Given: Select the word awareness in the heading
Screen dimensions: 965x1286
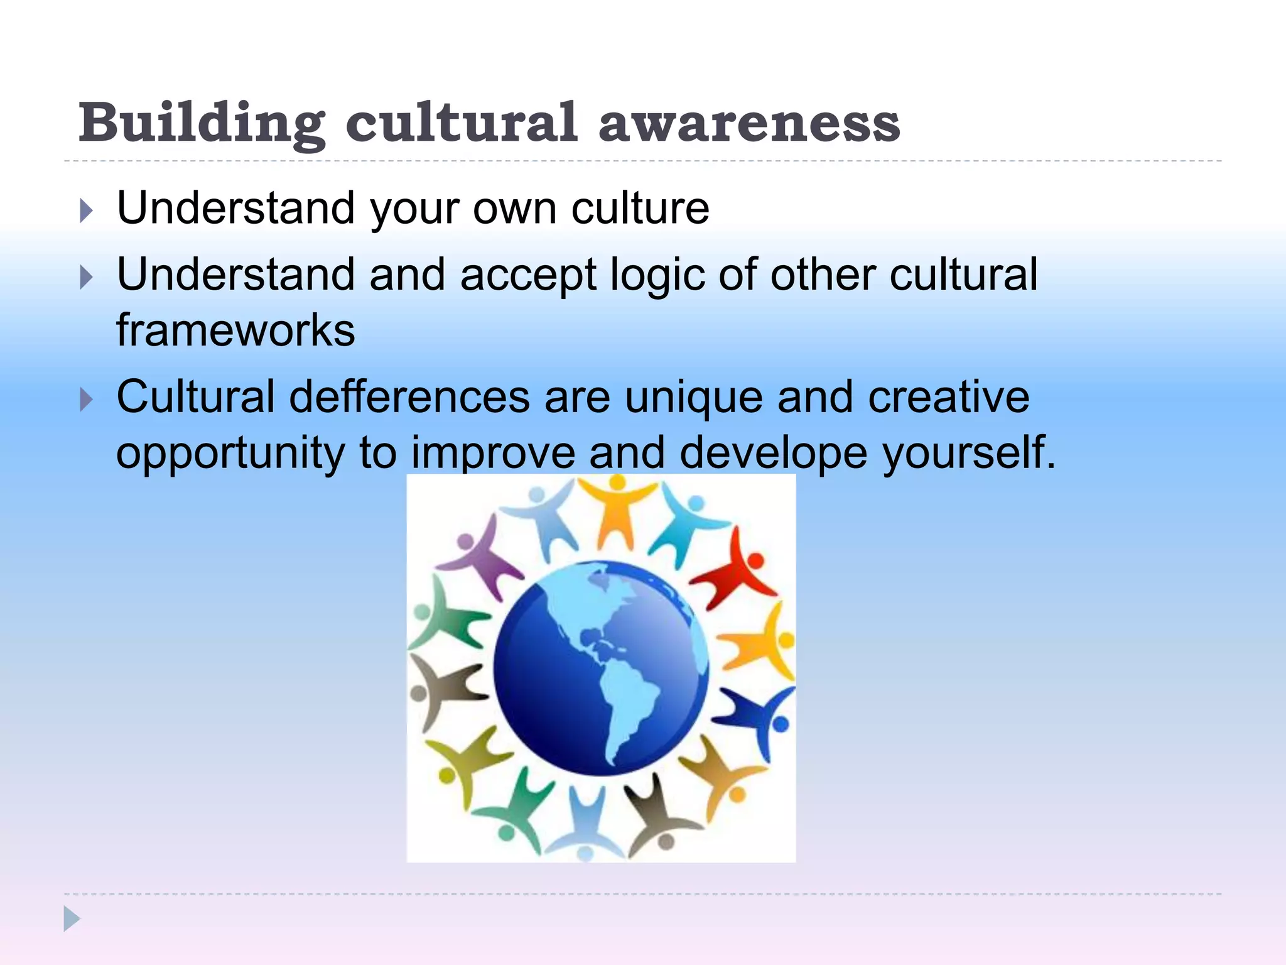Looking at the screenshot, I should click(749, 124).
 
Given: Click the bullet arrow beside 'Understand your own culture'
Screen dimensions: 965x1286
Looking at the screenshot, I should click(87, 211).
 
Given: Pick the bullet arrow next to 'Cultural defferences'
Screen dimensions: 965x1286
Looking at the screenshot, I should click(87, 400).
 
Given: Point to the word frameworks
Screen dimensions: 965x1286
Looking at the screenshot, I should click(235, 330).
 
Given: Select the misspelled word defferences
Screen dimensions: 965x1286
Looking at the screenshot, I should click(409, 397).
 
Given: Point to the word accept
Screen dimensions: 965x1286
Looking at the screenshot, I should click(527, 276).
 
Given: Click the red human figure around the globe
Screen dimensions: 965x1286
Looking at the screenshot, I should click(737, 572).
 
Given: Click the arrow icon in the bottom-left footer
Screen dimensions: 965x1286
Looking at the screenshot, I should click(72, 919).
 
